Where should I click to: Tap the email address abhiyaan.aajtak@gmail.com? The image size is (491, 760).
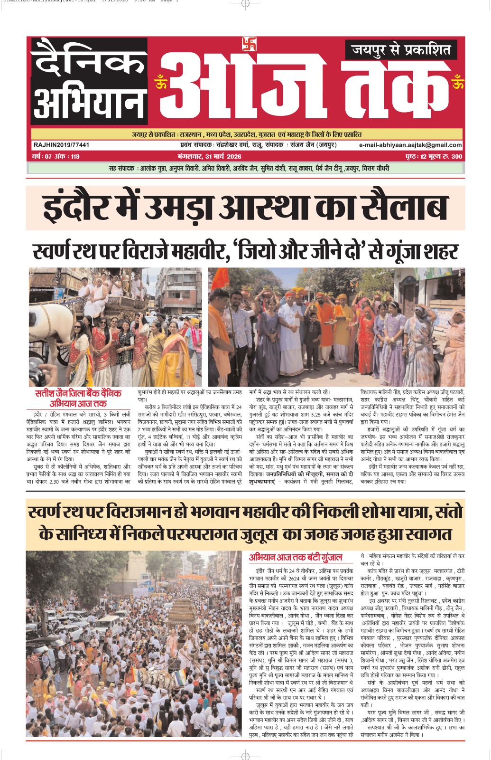(410, 145)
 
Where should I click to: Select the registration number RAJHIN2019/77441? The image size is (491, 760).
(62, 145)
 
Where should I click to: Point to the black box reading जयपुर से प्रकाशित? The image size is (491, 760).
(401, 50)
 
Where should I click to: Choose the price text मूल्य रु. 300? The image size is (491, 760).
(444, 157)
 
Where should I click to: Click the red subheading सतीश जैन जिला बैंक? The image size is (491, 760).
(78, 394)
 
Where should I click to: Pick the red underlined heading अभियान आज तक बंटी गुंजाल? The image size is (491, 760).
(295, 558)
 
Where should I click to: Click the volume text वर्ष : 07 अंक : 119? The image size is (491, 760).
(56, 157)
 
